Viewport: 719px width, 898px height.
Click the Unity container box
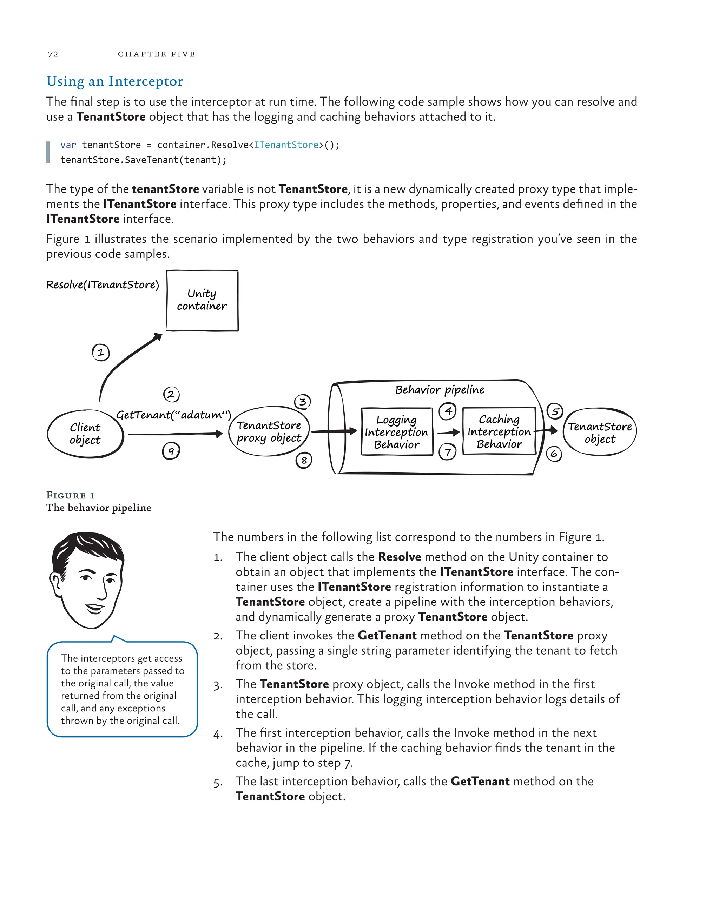202,300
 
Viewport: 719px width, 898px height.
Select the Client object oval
85,434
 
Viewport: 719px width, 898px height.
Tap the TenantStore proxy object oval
269,431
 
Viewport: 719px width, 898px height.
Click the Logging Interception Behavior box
396,432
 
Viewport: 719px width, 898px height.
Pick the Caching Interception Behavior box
499,431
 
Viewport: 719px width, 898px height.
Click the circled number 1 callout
100,353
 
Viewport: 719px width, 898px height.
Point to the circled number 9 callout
171,451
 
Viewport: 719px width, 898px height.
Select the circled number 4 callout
448,411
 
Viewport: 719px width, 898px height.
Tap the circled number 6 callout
554,454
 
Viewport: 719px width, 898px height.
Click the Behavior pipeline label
440,390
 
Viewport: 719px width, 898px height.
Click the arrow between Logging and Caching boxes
448,433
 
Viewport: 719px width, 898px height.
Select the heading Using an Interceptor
114,81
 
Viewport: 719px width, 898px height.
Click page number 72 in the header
53,54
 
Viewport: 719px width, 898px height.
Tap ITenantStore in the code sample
286,145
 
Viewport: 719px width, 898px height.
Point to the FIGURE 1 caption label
70,495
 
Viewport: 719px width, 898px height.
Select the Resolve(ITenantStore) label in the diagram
103,285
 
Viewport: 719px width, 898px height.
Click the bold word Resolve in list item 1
399,557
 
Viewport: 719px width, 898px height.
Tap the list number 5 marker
218,783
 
